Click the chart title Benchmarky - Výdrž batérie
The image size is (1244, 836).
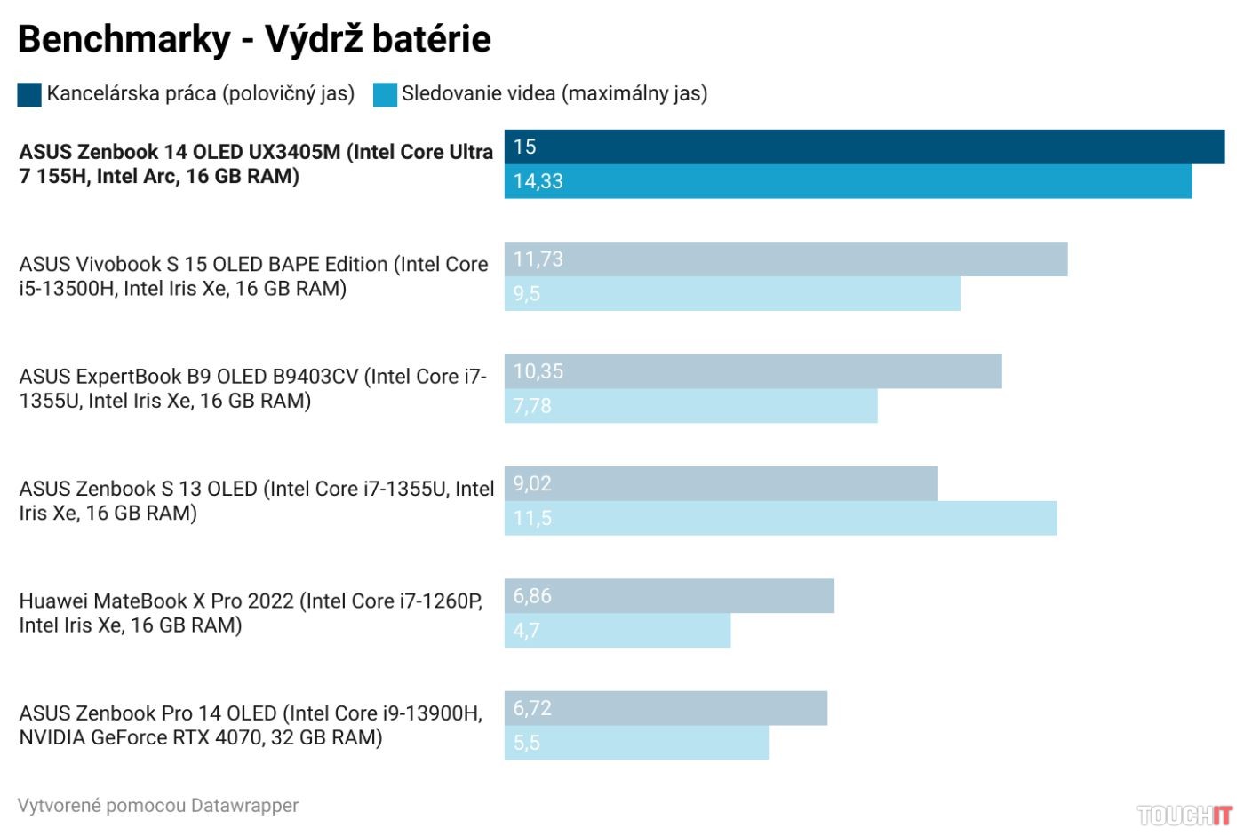pos(254,39)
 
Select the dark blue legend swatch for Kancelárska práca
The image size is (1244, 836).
pos(29,94)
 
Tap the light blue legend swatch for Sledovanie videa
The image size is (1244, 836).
pos(385,94)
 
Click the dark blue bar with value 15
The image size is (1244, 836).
pos(864,147)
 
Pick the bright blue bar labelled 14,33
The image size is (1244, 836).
pos(848,181)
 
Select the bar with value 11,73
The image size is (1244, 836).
pos(785,259)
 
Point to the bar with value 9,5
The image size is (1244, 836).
pos(732,293)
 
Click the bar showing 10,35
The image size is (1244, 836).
pos(753,371)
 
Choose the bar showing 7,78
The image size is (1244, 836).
pos(690,406)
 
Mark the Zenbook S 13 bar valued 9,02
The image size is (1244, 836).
pos(721,483)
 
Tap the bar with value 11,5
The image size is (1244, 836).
pos(780,518)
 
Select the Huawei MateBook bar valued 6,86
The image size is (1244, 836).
pos(669,596)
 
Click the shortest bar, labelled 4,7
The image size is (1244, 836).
pos(617,630)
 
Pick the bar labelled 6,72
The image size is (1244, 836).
pos(666,708)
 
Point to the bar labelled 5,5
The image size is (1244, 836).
pos(636,743)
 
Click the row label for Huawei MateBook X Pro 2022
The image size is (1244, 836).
pos(251,613)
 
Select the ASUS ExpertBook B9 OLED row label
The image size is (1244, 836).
pos(253,388)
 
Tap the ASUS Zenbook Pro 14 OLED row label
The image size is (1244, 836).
pos(251,725)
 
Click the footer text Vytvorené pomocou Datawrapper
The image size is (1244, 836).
pos(158,806)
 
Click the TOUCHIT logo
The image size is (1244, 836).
pos(1184,815)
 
